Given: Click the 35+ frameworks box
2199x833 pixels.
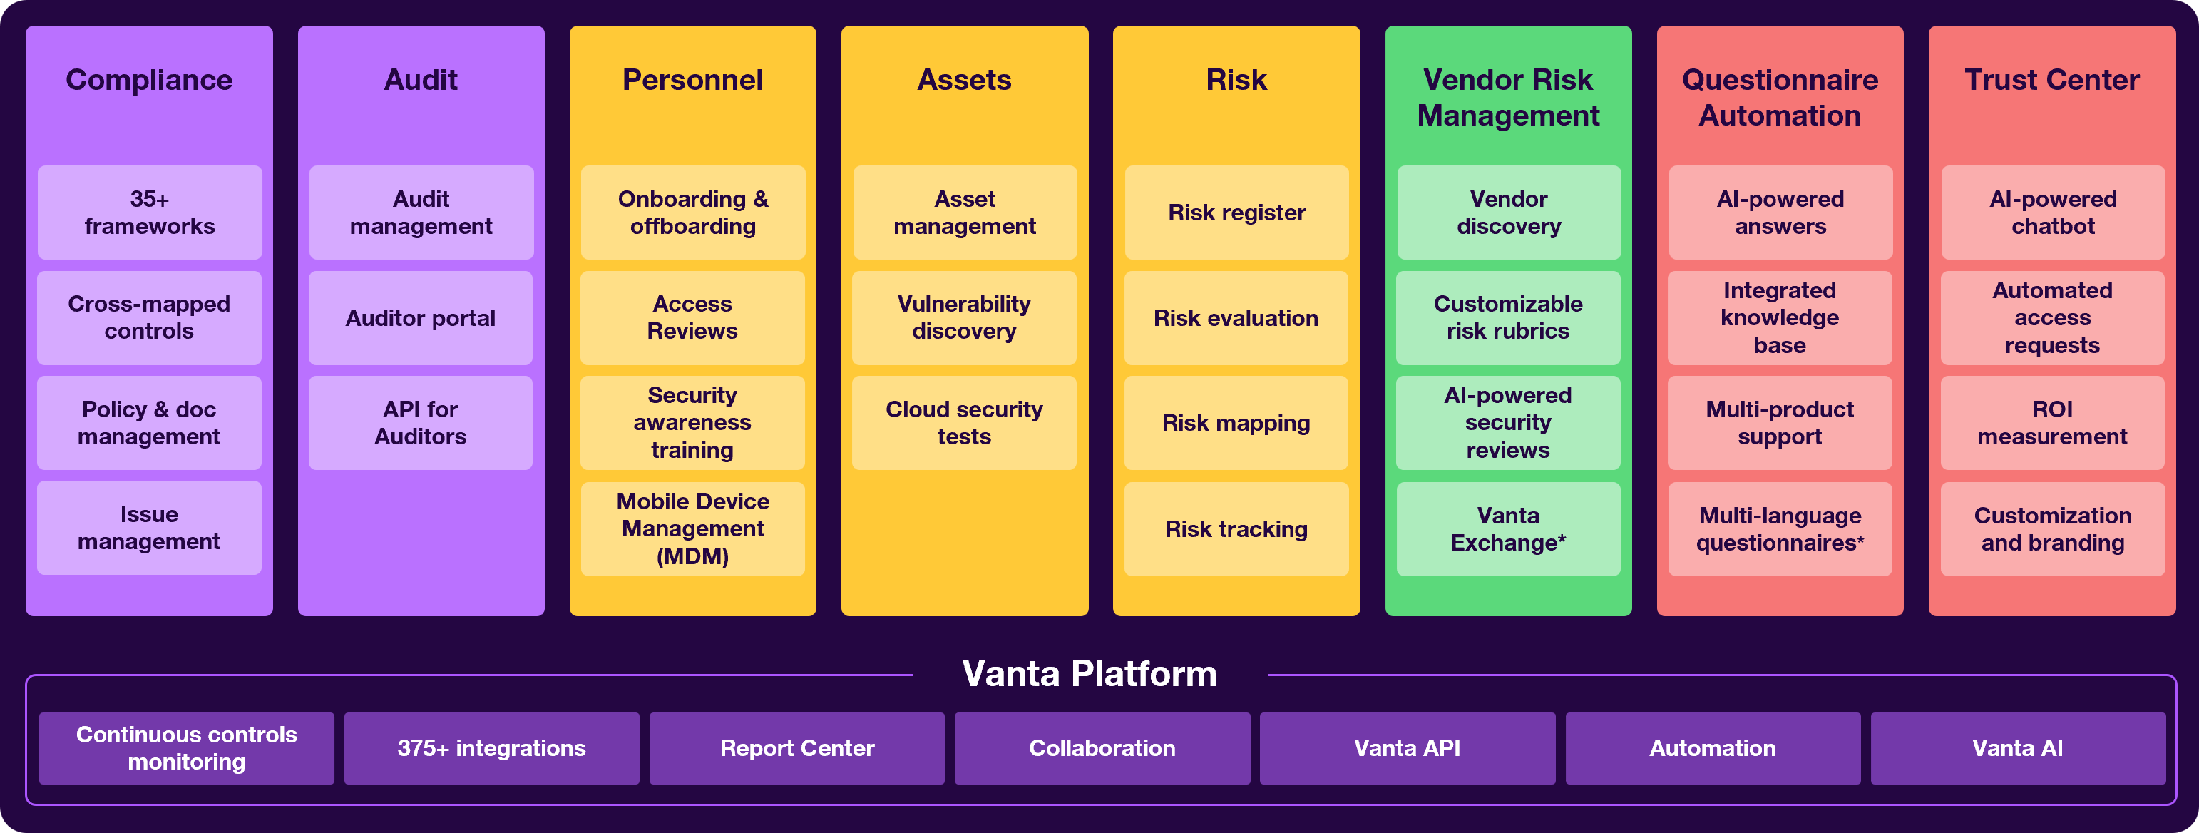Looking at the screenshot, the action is (x=150, y=213).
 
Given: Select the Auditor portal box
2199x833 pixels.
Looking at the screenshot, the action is (x=421, y=318).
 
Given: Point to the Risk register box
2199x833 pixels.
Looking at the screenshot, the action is (x=1237, y=213).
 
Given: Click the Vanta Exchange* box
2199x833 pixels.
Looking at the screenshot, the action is (x=1508, y=529).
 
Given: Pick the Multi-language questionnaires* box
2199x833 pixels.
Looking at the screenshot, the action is (x=1780, y=529).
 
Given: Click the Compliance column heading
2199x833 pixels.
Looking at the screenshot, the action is (x=150, y=80).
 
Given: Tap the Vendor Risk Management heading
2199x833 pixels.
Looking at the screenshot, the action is (x=1508, y=97).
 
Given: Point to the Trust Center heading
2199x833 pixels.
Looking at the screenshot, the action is (x=2052, y=80).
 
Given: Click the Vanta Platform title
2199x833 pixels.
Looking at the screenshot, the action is (x=1090, y=674).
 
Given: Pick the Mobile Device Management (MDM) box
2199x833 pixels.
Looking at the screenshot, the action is (x=692, y=529).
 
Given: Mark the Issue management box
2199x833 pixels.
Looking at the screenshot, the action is (x=150, y=528).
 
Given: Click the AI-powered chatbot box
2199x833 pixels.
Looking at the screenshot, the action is (x=2053, y=213).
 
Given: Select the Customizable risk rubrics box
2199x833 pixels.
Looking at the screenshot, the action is (x=1508, y=318).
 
